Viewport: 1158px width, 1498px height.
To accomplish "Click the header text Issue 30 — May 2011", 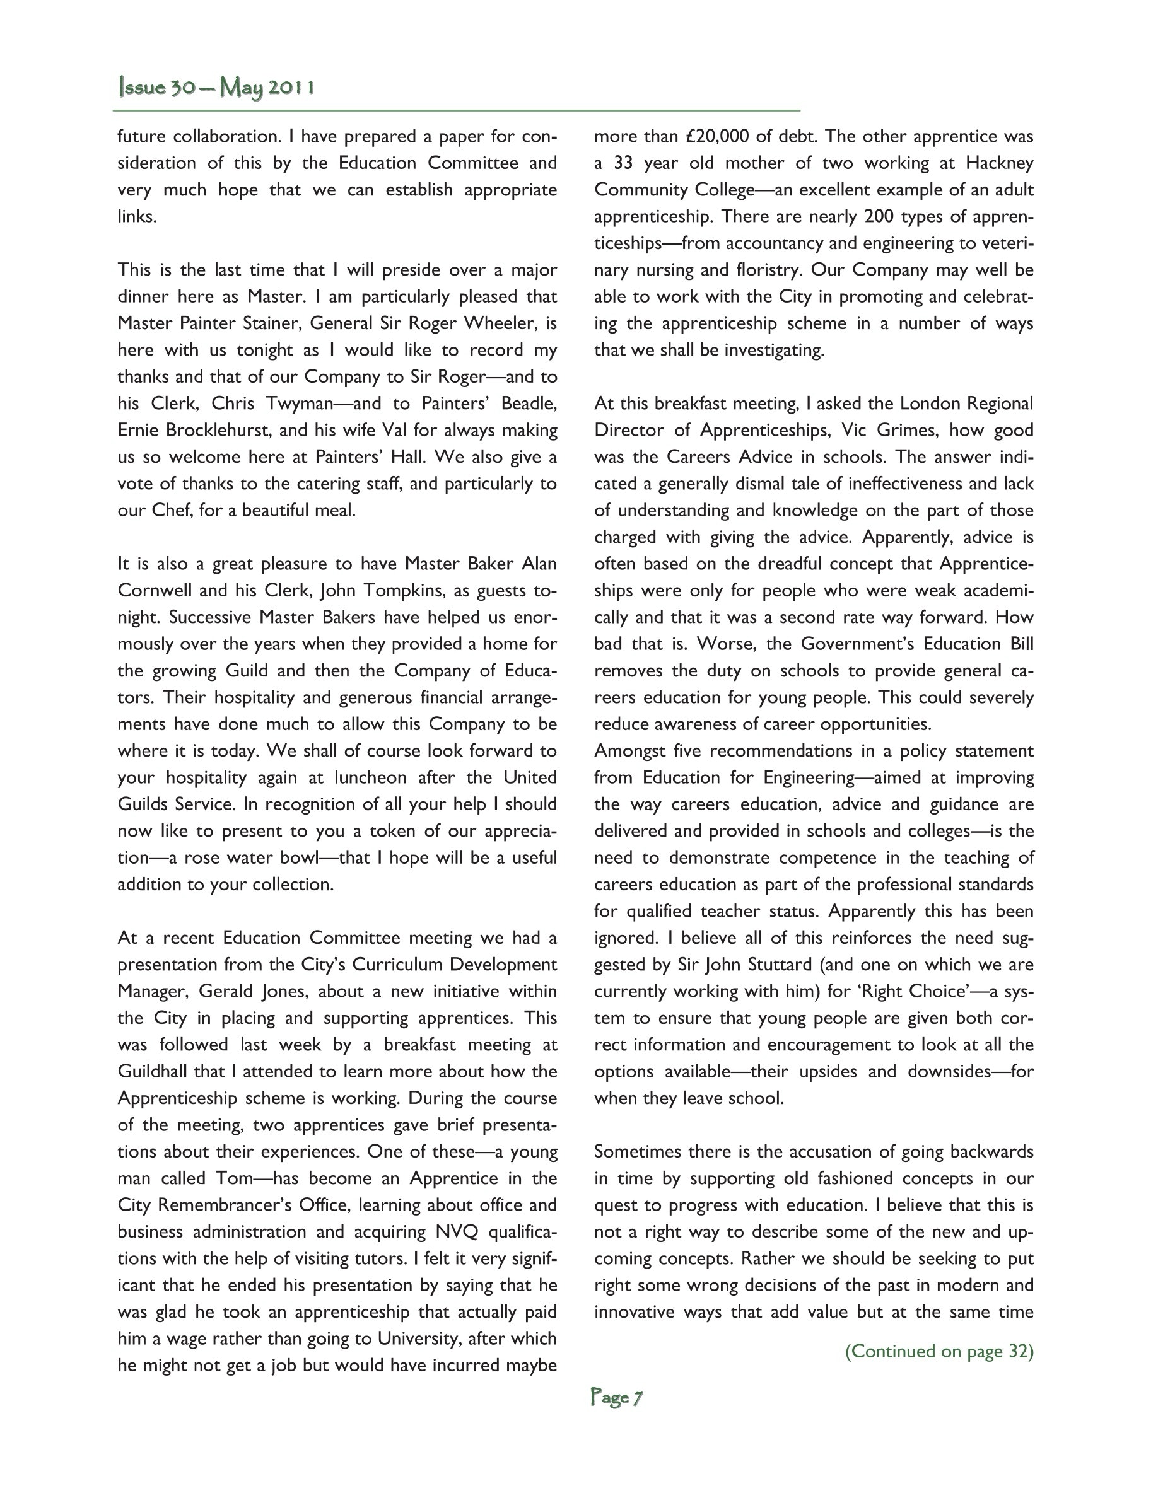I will pyautogui.click(x=216, y=88).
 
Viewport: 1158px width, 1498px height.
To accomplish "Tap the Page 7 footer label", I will pyautogui.click(x=616, y=1397).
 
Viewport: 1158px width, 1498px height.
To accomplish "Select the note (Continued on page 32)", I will pyautogui.click(x=939, y=1350).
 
